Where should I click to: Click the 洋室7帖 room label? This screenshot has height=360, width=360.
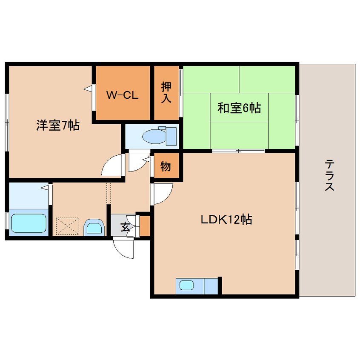click(58, 126)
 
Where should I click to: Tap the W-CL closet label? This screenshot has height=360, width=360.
click(122, 95)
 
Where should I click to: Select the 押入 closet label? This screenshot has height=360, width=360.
click(166, 93)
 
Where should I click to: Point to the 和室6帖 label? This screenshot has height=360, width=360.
click(239, 108)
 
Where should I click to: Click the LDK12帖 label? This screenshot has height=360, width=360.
click(227, 220)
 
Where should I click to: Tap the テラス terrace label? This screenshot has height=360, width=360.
click(329, 175)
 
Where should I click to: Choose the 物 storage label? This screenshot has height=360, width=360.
click(166, 166)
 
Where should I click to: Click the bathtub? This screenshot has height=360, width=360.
click(29, 223)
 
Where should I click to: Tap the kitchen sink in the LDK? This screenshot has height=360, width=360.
click(186, 286)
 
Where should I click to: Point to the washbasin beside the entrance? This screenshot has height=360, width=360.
click(94, 228)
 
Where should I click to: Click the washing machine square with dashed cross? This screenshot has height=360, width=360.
click(67, 226)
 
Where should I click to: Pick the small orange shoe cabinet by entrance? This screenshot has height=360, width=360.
click(145, 226)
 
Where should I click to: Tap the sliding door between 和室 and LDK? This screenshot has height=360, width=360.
click(239, 151)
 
